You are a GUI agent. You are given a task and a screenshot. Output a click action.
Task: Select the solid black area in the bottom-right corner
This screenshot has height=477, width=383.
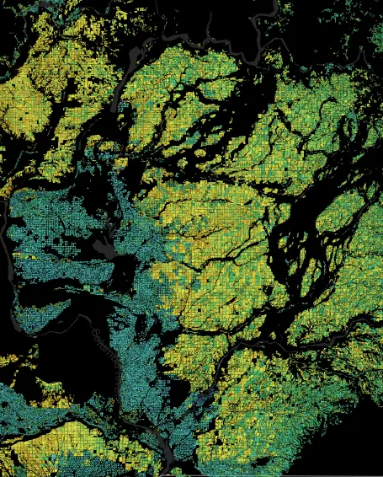point(354,455)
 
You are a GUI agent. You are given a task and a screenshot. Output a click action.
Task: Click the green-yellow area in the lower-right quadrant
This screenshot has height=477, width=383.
point(278,396)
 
